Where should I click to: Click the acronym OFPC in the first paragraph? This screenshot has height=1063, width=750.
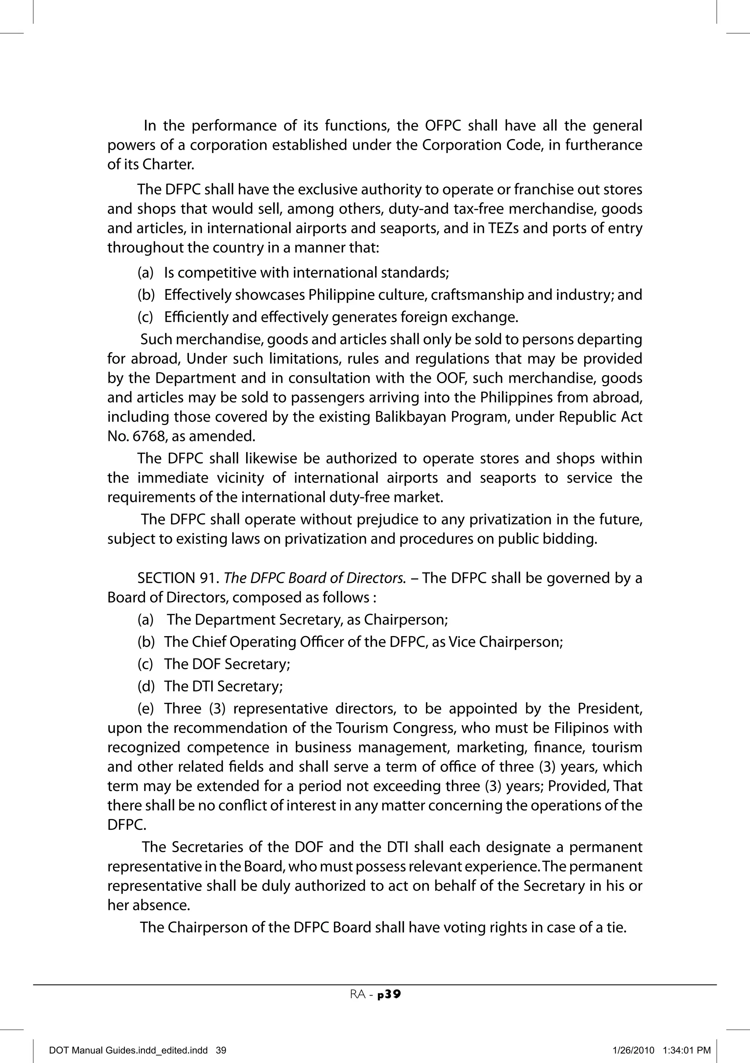(440, 126)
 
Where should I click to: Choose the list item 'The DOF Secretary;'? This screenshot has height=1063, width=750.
(227, 664)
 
